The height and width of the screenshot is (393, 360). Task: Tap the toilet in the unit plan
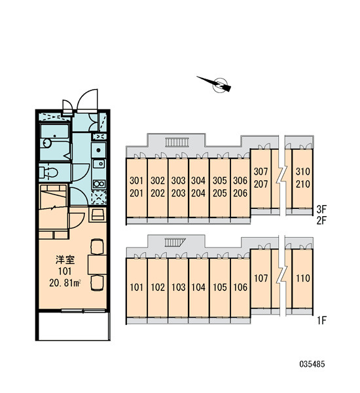49,172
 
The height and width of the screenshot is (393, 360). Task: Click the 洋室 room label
65,259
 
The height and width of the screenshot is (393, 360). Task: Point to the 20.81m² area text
65,283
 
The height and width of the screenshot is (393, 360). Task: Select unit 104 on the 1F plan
198,288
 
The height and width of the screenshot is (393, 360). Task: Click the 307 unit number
261,172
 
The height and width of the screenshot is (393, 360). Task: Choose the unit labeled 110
303,278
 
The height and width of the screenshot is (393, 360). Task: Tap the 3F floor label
321,209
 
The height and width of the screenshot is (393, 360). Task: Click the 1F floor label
321,320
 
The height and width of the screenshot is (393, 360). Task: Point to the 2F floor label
321,221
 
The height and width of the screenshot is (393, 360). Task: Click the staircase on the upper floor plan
177,142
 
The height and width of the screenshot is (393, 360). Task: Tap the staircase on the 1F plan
175,242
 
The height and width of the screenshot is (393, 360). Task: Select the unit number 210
303,184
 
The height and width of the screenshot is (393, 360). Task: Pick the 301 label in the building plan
137,181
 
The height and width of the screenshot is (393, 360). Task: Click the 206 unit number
240,193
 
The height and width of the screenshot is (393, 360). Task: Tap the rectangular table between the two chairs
98,265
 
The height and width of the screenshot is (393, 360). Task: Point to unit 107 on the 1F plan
261,278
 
